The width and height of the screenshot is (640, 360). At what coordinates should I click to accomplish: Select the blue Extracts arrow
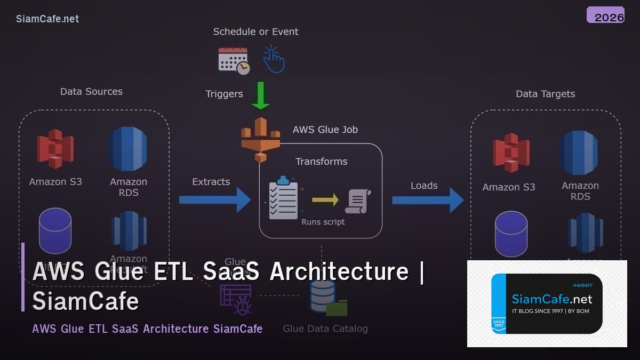214,200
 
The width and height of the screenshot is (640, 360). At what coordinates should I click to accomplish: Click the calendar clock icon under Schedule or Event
234,60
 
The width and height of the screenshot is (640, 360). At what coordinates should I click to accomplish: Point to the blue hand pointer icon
274,59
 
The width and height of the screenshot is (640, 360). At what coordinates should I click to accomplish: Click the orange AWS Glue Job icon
260,139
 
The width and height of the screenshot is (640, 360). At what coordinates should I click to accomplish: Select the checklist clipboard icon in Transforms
283,198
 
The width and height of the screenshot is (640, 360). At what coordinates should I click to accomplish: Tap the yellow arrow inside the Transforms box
325,199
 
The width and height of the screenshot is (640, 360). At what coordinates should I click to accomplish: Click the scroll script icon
358,202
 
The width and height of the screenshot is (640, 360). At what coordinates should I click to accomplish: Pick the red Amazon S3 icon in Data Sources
55,149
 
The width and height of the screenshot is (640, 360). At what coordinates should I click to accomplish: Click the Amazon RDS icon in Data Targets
579,153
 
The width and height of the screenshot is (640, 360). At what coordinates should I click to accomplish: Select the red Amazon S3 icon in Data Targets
511,153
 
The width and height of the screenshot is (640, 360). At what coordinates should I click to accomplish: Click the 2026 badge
605,15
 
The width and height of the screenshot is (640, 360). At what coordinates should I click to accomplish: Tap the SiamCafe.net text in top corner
47,19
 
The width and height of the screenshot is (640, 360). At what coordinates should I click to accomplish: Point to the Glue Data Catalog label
325,329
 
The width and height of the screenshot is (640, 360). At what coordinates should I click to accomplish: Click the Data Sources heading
91,92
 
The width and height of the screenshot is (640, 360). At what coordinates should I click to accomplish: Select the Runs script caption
323,222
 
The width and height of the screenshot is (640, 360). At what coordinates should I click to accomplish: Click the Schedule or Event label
255,32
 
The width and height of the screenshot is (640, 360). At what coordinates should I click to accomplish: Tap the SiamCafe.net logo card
547,303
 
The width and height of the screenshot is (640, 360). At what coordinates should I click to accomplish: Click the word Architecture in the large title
339,271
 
